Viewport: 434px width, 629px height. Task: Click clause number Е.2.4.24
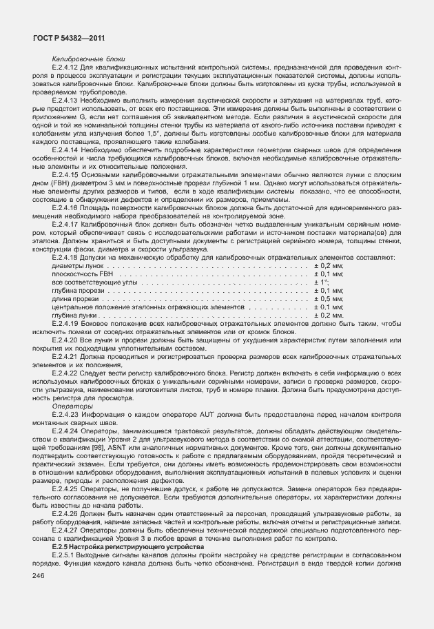click(66, 429)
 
